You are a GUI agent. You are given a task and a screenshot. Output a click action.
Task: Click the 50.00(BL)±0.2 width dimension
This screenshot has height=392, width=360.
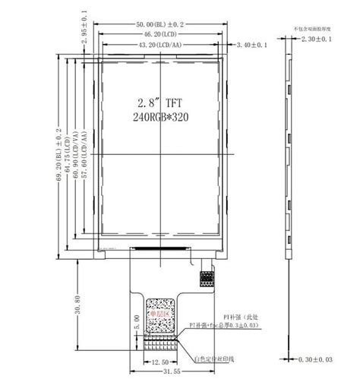tap(162, 25)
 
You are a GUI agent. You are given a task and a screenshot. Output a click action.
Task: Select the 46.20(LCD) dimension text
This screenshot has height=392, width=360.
tap(162, 35)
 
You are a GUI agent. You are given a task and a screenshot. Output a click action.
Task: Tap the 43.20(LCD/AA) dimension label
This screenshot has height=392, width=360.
tap(161, 46)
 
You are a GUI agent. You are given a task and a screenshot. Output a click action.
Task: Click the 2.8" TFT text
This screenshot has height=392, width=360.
tap(160, 102)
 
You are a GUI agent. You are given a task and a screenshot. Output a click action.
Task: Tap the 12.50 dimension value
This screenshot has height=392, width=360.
tap(160, 362)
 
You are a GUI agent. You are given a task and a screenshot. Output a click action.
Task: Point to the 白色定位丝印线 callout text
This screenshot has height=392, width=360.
tap(216, 358)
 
